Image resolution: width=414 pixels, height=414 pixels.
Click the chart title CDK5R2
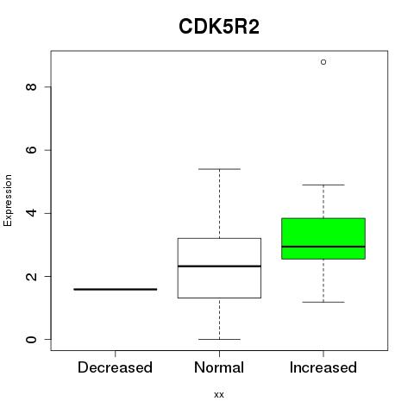(x=219, y=27)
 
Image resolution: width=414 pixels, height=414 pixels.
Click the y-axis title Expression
(x=8, y=200)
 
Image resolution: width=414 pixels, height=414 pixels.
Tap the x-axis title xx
(x=219, y=394)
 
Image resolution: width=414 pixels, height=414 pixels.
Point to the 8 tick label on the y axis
(x=31, y=87)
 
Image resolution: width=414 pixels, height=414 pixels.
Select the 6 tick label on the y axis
(x=31, y=150)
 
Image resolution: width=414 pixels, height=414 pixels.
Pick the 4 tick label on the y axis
(x=31, y=213)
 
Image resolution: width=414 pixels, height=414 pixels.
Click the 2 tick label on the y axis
(x=31, y=276)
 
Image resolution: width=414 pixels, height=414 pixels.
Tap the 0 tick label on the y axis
(x=31, y=339)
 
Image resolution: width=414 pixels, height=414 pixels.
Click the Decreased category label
(x=115, y=367)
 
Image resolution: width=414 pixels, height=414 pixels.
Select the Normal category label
(x=219, y=367)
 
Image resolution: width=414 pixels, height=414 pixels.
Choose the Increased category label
(x=323, y=367)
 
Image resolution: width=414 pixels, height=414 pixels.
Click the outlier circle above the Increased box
(x=323, y=62)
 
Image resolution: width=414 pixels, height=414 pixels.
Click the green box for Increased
(x=323, y=239)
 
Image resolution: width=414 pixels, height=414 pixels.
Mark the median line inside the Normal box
(x=219, y=267)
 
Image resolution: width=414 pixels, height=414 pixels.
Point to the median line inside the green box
(x=323, y=247)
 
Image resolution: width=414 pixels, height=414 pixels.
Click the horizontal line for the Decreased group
(x=116, y=289)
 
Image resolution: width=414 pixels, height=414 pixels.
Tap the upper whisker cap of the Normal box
(x=219, y=169)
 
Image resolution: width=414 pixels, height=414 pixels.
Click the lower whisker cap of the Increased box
(x=323, y=302)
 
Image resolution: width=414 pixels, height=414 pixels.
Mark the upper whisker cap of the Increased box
(x=323, y=185)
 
